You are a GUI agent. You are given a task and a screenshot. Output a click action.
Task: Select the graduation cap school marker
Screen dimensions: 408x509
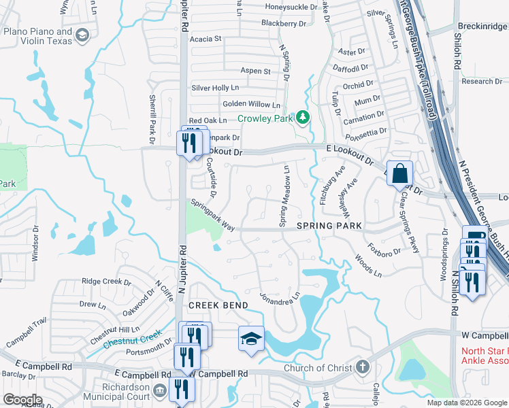click(x=250, y=338)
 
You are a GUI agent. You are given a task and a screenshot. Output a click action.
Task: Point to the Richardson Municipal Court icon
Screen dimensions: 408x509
click(x=161, y=390)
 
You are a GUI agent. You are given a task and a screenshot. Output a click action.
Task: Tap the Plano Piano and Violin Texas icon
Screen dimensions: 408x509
click(x=82, y=35)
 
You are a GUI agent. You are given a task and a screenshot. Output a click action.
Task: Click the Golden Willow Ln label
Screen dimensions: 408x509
click(x=251, y=105)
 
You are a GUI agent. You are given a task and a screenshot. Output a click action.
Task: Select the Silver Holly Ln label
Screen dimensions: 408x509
click(x=215, y=88)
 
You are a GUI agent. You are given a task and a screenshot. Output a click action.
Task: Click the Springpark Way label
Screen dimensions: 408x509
click(x=212, y=215)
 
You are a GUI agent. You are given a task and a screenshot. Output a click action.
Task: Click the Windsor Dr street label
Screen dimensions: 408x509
click(x=35, y=247)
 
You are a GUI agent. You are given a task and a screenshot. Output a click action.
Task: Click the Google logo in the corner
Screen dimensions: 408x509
click(x=22, y=399)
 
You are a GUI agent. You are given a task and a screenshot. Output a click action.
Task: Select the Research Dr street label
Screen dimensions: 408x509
click(x=482, y=82)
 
